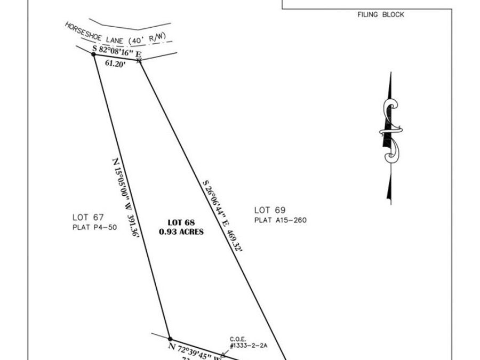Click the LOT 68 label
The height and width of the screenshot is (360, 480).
coord(181,222)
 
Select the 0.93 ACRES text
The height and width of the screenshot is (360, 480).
coord(181,232)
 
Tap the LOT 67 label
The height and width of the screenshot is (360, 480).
coord(88,217)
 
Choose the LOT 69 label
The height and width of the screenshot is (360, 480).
coord(270,210)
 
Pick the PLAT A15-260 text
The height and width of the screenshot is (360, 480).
coord(280,220)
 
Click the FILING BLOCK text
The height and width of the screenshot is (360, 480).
coord(381,15)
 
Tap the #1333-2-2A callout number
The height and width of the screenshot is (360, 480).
coord(248,346)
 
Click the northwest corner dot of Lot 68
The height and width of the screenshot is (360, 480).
coord(94,54)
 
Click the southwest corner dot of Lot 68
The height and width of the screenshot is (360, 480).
coord(170,339)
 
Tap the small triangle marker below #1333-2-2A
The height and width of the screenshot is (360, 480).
coord(223,354)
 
